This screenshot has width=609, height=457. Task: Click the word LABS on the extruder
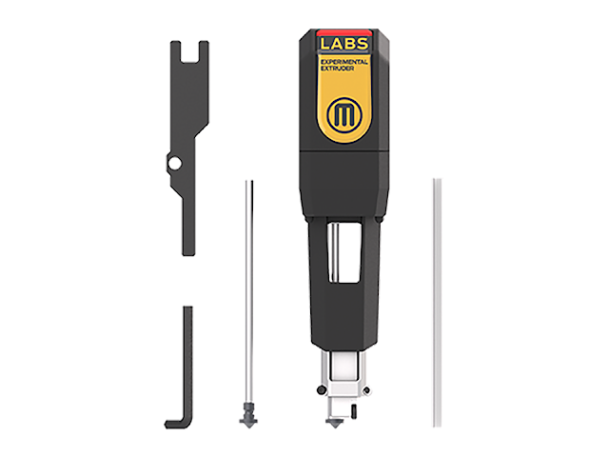pos(344,44)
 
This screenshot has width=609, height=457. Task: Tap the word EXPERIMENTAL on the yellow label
pos(344,62)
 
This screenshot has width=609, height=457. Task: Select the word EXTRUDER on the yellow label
pos(337,69)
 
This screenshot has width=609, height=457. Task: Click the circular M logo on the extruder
pos(344,114)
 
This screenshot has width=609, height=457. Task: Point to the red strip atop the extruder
pos(344,32)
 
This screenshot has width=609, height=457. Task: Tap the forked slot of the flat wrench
pos(189,51)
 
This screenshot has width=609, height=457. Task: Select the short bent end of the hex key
pos(174,423)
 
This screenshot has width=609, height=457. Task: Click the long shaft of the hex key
pos(188,364)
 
